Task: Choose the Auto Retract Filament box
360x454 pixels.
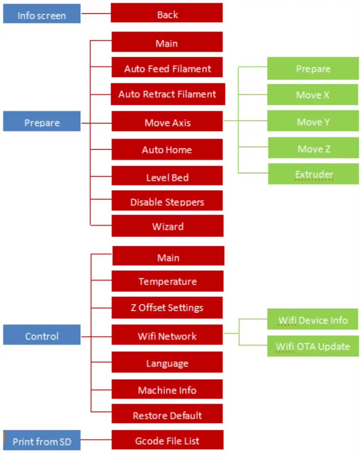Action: (x=168, y=95)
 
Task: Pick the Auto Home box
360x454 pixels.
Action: (x=167, y=150)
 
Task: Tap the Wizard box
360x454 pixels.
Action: (x=168, y=226)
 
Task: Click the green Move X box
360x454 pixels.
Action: (x=313, y=95)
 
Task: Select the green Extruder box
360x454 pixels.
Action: (x=314, y=174)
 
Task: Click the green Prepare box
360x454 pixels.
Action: (x=313, y=68)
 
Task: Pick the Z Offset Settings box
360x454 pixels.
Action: (x=167, y=308)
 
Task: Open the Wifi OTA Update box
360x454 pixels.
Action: (x=313, y=346)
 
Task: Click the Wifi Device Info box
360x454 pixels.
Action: (x=312, y=319)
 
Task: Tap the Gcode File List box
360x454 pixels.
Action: (x=168, y=440)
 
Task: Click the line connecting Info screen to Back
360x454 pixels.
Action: (x=95, y=13)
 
